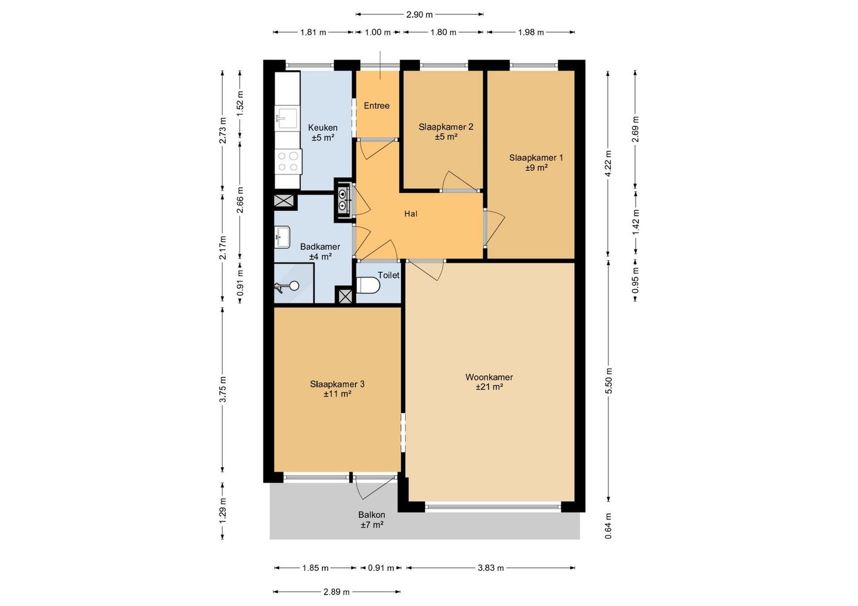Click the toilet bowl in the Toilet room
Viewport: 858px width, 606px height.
pos(368,286)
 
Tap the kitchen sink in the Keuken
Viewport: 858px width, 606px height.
pos(286,118)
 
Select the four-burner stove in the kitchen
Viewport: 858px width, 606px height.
pos(288,161)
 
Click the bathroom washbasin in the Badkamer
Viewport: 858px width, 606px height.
pos(282,237)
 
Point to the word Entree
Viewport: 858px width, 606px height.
pos(377,106)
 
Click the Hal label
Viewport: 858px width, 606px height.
pos(411,214)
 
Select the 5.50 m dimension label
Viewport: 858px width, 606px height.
pos(609,380)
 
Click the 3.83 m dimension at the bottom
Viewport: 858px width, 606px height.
pos(491,568)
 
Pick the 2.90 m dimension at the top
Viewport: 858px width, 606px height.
pos(419,14)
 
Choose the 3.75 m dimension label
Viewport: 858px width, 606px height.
pos(223,389)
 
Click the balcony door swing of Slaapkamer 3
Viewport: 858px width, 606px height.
pos(376,488)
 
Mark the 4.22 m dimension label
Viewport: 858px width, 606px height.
pos(608,163)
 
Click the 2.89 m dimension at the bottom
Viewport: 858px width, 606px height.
pos(336,592)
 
